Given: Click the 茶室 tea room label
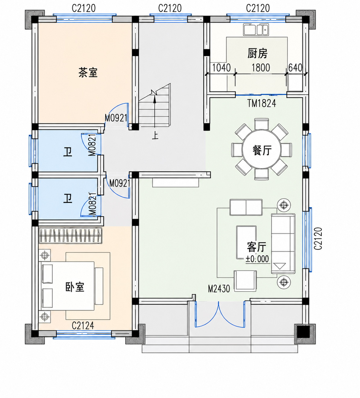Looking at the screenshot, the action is point(88,72).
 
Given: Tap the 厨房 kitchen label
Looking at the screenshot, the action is point(257,53).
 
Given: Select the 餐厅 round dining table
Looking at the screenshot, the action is point(262,149).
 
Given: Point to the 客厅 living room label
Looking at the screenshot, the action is point(256,247).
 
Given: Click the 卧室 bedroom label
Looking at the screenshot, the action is point(75,287).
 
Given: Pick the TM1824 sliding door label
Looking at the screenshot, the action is point(262,103).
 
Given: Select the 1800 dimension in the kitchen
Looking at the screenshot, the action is point(261,68).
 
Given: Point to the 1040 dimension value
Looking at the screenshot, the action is point(221,68).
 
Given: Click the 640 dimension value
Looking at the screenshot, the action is point(295,68).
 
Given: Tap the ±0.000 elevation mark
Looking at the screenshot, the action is point(257,259).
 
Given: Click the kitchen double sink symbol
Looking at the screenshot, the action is point(256,30).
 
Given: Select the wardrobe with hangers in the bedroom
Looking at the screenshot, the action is point(71,235).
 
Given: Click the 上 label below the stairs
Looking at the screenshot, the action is point(155,136).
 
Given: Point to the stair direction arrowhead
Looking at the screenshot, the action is point(155,100).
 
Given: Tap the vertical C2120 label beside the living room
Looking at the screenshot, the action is point(318,239).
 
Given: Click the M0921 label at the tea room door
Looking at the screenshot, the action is point(116,118).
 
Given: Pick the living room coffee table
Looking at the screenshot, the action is point(246,242).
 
